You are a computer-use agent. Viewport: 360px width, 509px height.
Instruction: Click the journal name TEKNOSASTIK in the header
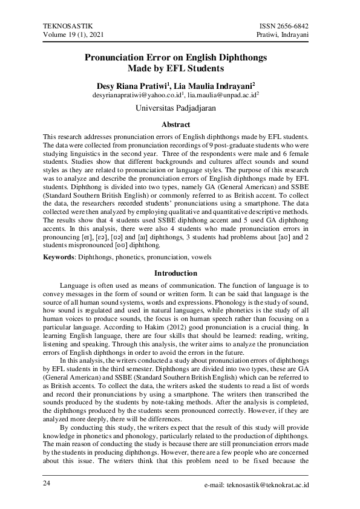pyautogui.click(x=68, y=27)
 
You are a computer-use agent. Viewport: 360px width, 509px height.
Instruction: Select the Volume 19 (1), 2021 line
pyautogui.click(x=74, y=36)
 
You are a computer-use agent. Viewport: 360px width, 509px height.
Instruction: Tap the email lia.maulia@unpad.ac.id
pyautogui.click(x=221, y=96)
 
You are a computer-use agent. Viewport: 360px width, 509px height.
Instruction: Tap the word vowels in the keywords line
pyautogui.click(x=200, y=257)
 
